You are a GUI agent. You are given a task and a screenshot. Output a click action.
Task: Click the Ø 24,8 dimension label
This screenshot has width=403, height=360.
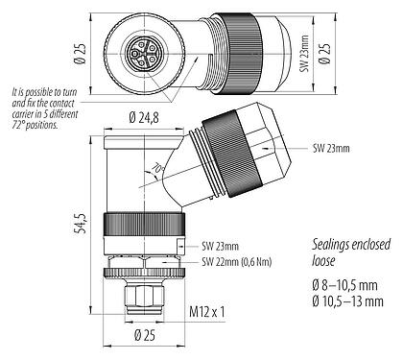click(144, 118)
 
